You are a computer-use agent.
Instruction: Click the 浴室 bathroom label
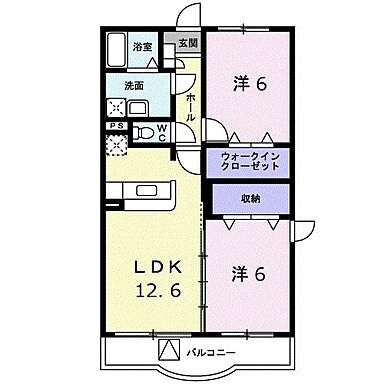(x=142, y=47)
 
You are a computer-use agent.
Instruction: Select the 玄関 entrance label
(x=188, y=43)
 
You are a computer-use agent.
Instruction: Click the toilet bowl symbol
(x=145, y=130)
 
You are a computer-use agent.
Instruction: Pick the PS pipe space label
(x=117, y=125)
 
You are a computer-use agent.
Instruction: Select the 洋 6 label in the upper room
(x=250, y=84)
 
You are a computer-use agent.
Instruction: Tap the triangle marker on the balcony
(x=170, y=351)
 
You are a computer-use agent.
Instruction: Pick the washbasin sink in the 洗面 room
(x=137, y=107)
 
